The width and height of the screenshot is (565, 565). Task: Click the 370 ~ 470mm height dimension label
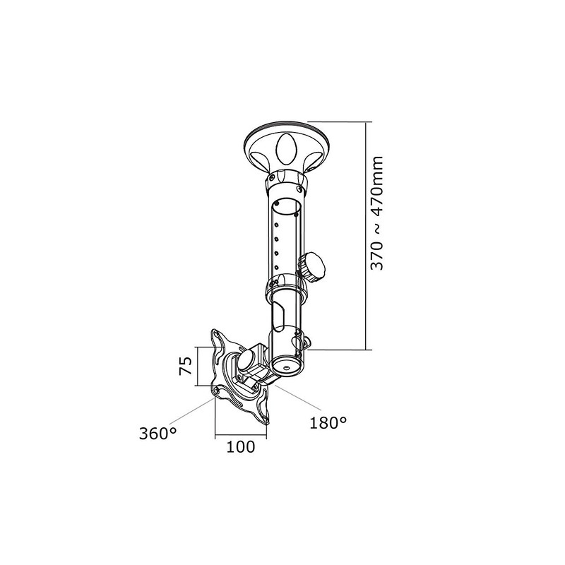377,213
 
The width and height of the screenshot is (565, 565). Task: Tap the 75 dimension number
186,366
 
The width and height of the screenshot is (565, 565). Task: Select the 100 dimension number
240,447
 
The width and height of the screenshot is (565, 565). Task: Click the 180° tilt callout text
328,423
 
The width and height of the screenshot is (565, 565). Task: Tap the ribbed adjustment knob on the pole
311,268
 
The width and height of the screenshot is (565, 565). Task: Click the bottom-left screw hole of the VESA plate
216,390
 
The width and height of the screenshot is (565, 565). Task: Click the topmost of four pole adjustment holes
276,225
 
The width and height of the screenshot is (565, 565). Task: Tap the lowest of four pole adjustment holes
276,267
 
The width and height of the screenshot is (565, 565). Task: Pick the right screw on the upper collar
298,188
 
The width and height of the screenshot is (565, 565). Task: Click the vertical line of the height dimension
366,236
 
